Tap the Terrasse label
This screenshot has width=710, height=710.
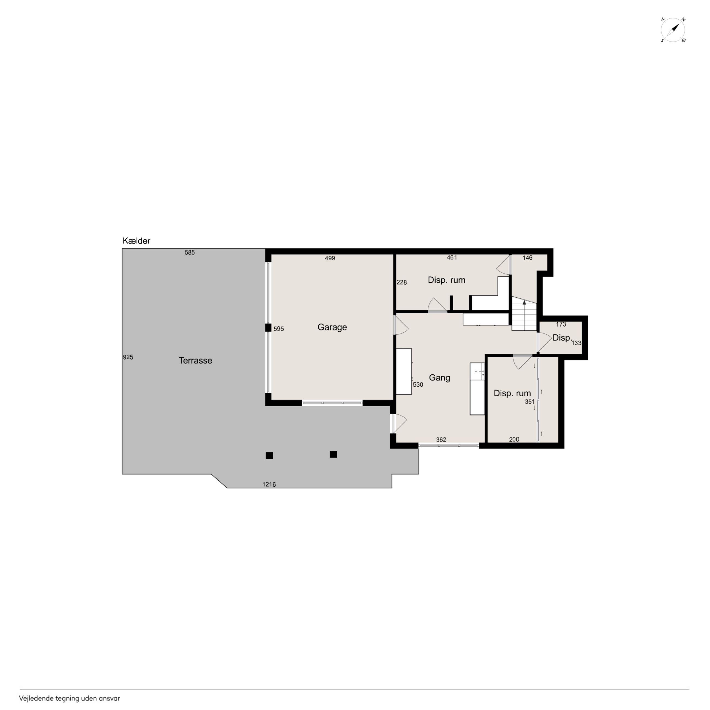(195, 360)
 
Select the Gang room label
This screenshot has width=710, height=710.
(440, 378)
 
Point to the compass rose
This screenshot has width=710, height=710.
(673, 29)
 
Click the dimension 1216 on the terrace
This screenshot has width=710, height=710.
(269, 484)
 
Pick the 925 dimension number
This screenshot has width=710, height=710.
(128, 357)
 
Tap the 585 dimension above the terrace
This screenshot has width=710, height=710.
(190, 253)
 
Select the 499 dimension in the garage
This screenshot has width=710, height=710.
(330, 258)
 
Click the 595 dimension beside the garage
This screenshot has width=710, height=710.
(279, 329)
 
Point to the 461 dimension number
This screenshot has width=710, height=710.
(452, 258)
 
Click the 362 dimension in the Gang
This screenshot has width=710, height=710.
(441, 440)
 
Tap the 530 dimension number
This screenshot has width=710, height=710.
(418, 385)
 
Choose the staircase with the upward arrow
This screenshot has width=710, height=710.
(524, 314)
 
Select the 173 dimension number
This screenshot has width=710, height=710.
(561, 324)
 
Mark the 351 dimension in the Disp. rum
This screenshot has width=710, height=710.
(529, 402)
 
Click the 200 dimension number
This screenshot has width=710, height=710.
(514, 439)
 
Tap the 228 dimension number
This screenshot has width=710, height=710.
(402, 282)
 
